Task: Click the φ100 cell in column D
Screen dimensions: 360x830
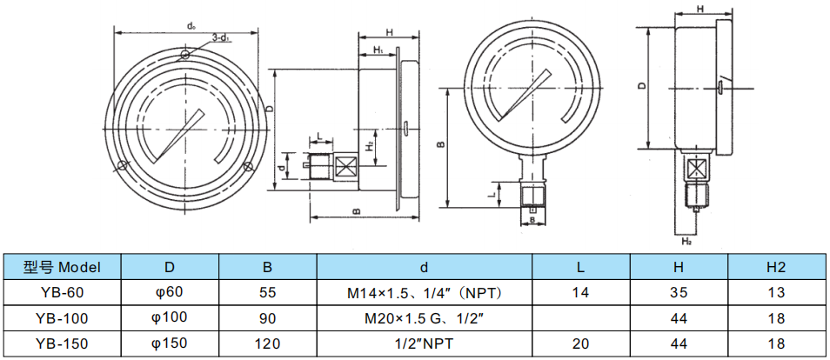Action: (x=170, y=317)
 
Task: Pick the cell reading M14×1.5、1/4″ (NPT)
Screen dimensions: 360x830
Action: (x=425, y=292)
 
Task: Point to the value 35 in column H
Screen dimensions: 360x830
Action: (x=679, y=292)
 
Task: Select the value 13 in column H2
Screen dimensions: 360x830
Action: (x=776, y=292)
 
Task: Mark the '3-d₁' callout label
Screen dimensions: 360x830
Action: (x=220, y=38)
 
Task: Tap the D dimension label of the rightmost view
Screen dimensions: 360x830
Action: (x=641, y=86)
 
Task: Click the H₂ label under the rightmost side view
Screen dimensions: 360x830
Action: (x=686, y=240)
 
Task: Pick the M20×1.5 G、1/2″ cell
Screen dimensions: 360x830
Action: (x=425, y=317)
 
